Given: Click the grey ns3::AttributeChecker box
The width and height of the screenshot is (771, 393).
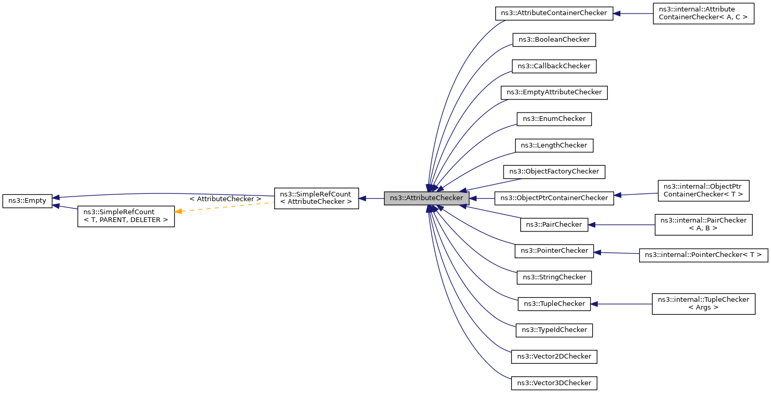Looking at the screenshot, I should [x=426, y=198].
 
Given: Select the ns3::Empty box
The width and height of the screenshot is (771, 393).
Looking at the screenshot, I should [x=28, y=201].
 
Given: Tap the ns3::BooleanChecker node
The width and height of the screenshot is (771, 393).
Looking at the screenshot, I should [x=554, y=40].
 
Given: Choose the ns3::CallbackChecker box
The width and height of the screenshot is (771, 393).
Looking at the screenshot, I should [x=554, y=66].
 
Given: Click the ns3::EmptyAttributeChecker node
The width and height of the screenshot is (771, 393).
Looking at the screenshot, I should [x=554, y=92].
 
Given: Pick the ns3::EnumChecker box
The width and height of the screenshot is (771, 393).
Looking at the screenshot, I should [x=554, y=119].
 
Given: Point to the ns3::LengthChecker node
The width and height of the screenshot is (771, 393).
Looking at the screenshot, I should [x=554, y=145].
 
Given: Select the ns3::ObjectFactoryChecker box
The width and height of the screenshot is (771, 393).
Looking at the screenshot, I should [x=554, y=171].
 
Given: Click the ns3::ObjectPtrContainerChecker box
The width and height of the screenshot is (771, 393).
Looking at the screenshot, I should [x=554, y=198].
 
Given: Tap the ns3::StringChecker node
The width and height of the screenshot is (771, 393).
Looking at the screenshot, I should [x=554, y=277].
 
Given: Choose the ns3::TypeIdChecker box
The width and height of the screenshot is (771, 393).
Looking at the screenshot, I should [x=554, y=330].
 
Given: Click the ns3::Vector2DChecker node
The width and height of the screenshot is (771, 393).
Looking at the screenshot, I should [x=554, y=357].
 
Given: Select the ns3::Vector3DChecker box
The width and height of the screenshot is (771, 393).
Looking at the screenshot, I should [x=554, y=383].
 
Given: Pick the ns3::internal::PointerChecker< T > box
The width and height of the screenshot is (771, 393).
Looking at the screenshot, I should [x=703, y=255].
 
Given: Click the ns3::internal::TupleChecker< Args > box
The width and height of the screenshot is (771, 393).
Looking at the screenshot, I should [x=703, y=303].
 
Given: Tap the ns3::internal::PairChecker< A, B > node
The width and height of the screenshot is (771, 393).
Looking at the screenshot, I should [x=703, y=224].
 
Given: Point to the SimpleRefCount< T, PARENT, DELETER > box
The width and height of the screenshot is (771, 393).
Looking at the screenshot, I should [x=126, y=216].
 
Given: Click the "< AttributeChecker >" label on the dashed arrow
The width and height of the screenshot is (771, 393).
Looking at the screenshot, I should [x=225, y=199].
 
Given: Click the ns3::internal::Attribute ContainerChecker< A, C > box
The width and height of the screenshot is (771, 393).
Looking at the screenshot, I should [x=703, y=13].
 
